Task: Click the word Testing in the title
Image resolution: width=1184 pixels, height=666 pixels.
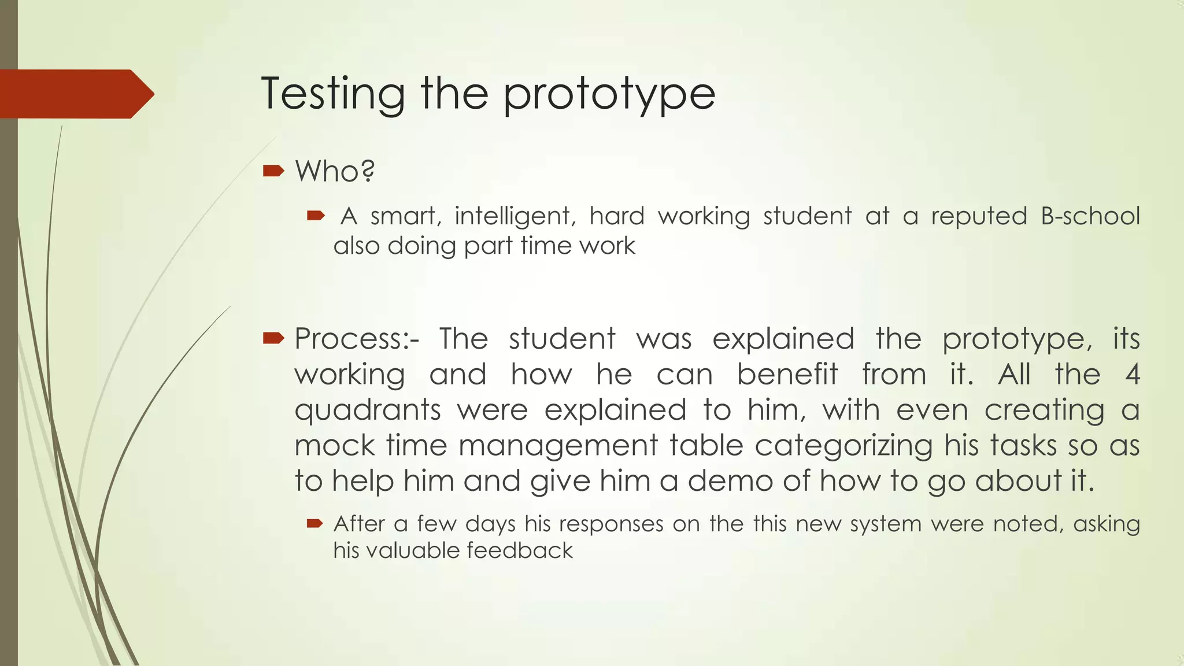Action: click(333, 94)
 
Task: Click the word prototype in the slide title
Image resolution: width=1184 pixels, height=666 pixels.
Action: click(609, 95)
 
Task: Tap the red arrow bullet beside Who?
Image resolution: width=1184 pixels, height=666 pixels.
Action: click(273, 171)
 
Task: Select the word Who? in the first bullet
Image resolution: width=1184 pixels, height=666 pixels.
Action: click(335, 171)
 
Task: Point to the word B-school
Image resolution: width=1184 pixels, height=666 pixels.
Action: click(1090, 216)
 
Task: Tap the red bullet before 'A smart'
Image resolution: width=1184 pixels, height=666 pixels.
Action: click(316, 216)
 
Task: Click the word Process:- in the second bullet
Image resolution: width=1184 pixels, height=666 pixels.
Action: click(357, 339)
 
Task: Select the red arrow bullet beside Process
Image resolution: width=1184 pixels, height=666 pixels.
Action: click(273, 338)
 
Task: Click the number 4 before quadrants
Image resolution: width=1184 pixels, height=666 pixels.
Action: click(1132, 375)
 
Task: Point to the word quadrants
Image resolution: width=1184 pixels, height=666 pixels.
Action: click(368, 410)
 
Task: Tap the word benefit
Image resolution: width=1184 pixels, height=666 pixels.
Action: click(787, 375)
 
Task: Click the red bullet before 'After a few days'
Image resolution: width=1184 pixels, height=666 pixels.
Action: click(314, 524)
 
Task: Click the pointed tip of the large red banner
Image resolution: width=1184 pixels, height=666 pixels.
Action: click(153, 94)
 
